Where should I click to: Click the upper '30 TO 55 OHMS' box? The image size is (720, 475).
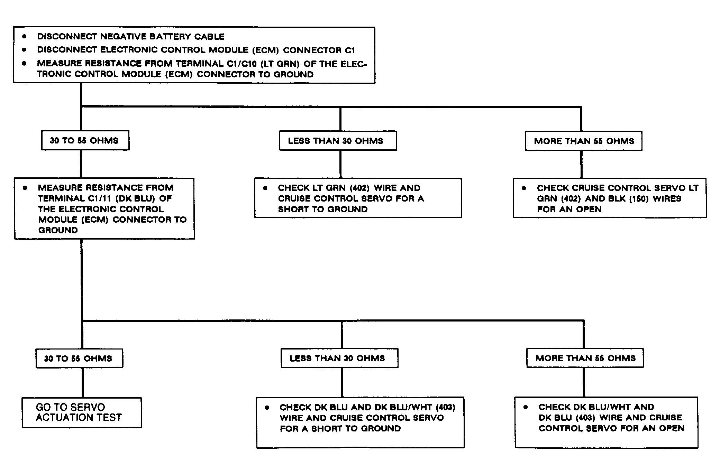(85, 140)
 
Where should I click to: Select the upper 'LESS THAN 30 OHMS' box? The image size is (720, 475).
(338, 141)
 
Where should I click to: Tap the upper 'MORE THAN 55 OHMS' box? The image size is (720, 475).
(584, 141)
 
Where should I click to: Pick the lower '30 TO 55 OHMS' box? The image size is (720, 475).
(79, 358)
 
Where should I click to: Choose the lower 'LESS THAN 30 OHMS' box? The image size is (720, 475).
(339, 358)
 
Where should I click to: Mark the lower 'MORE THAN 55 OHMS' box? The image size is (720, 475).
(585, 358)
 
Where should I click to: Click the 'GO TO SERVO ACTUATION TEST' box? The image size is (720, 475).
(82, 413)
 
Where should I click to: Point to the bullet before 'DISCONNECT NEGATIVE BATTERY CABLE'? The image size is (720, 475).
(24, 36)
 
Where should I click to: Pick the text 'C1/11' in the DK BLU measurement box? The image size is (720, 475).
(98, 198)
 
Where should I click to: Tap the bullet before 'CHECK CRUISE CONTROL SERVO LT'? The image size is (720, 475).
(524, 188)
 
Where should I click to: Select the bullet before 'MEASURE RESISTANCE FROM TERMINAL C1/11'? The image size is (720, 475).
(25, 188)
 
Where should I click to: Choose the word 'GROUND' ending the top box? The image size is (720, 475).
(294, 74)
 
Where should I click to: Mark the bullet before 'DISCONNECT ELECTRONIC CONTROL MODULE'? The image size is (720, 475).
(24, 50)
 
